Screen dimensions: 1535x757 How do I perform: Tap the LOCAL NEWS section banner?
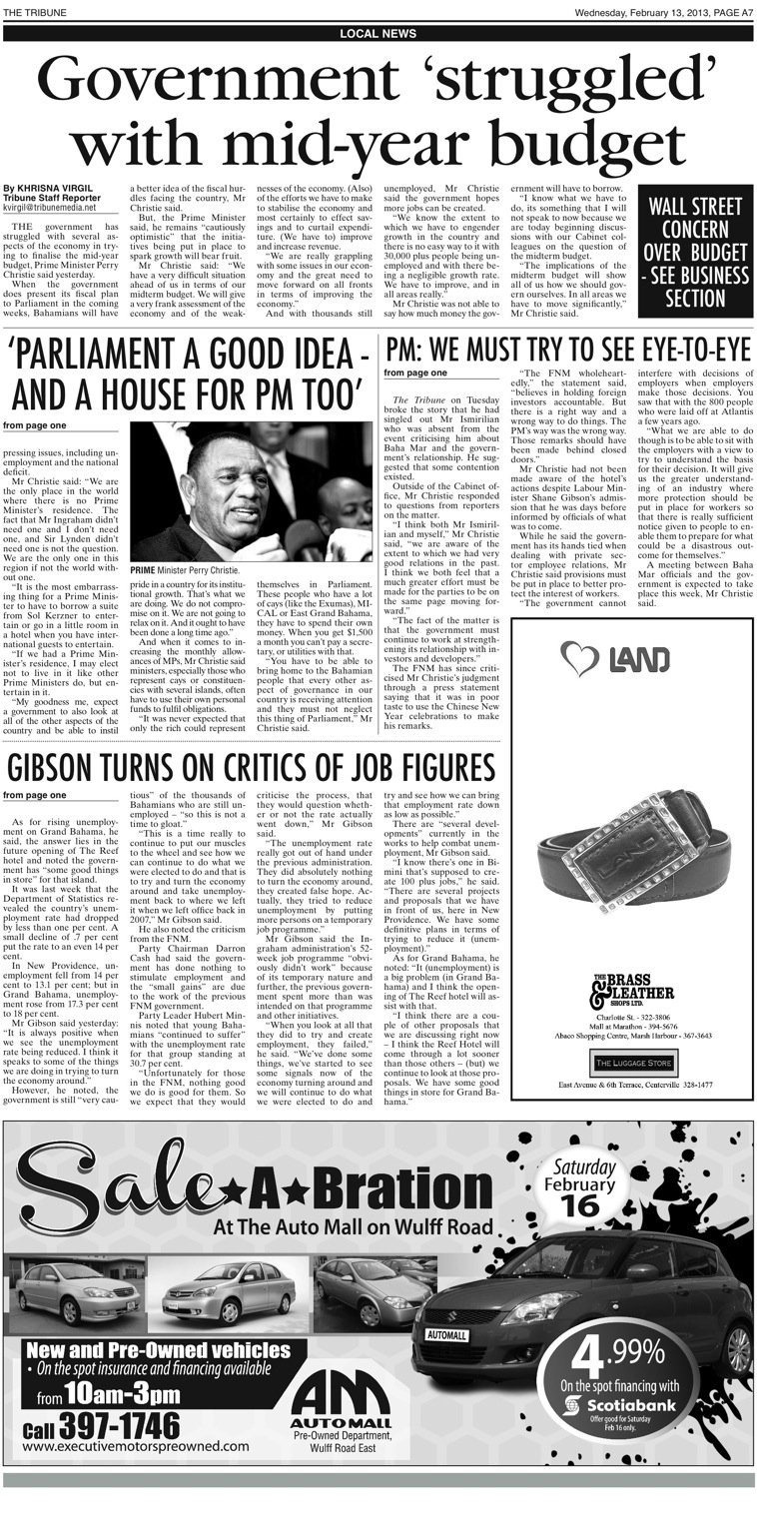(x=378, y=33)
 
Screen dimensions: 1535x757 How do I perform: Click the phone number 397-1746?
(x=119, y=1425)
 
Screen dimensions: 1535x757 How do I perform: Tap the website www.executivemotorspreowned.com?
(x=135, y=1445)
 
